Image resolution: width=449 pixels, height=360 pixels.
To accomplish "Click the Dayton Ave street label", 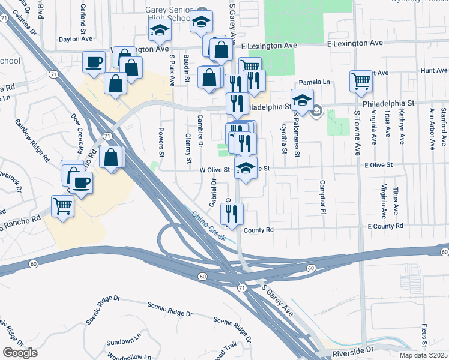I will [76, 40].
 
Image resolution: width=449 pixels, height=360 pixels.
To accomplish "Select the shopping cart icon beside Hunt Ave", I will [361, 80].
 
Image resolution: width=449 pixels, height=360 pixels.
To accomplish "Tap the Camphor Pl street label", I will [322, 197].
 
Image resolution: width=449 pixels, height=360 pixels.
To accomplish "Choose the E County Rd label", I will [385, 226].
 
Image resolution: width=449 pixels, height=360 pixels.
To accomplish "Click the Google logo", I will [20, 353].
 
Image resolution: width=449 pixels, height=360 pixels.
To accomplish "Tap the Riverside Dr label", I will [352, 349].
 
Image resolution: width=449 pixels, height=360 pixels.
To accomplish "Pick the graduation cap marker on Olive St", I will [246, 169].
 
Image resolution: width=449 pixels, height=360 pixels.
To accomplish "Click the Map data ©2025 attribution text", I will [423, 355].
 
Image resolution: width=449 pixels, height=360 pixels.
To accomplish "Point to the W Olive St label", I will [215, 170].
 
